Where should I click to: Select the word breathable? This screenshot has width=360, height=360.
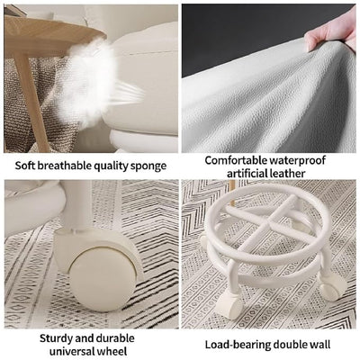[x=66, y=165]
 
